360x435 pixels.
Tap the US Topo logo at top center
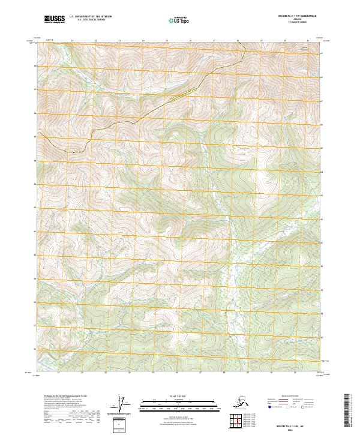click(178, 20)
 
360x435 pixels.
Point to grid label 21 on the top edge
click(72, 41)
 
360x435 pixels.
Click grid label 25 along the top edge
click(167, 41)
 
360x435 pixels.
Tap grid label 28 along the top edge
click(238, 41)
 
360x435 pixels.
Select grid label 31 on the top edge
click(308, 41)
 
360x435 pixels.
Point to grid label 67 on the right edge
click(322, 101)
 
